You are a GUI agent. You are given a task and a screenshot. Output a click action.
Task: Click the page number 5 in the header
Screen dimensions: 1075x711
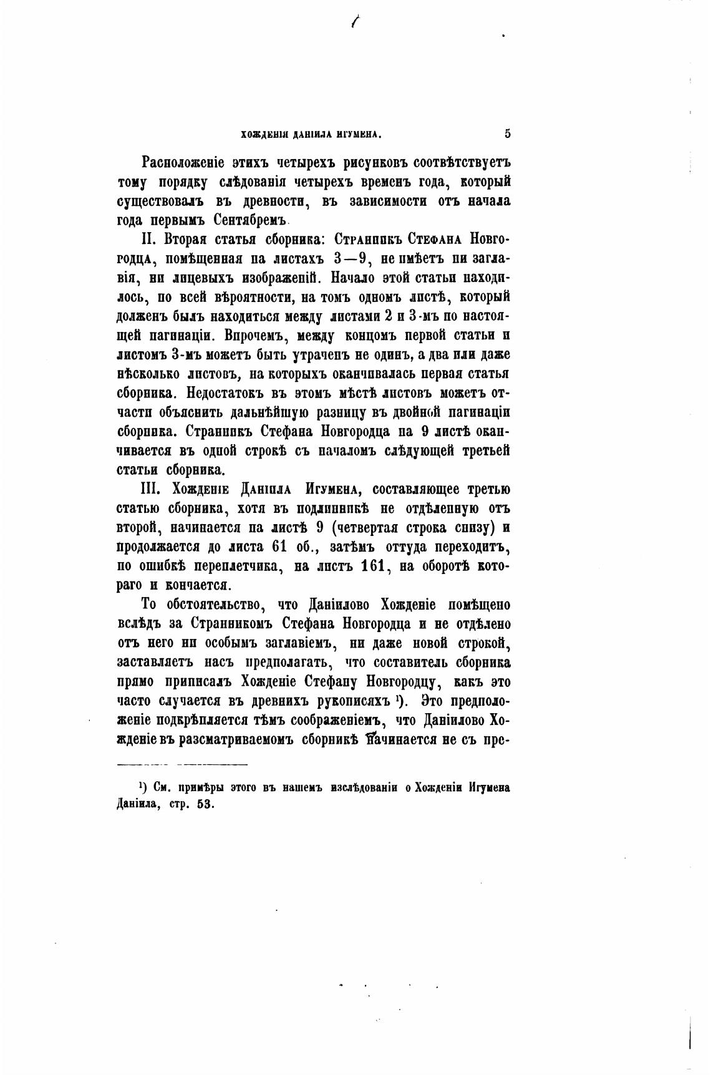[507, 133]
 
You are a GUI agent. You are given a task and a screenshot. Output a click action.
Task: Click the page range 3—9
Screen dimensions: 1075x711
[349, 259]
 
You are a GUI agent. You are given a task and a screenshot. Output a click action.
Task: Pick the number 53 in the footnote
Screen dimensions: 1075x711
[205, 804]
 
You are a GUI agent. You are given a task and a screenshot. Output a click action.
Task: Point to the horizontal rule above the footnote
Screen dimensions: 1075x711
[183, 764]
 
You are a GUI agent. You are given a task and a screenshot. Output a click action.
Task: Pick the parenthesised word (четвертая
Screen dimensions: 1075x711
[369, 527]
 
